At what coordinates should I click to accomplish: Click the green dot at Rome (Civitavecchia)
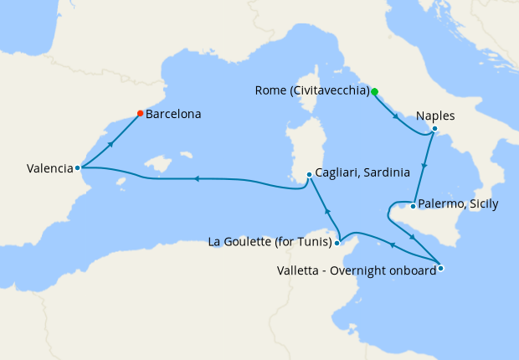pos(374,91)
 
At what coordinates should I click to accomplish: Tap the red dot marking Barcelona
pos(140,114)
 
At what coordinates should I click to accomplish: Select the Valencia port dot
pos(78,167)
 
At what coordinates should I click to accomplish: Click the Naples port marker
pos(434,128)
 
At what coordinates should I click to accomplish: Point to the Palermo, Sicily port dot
pos(413,205)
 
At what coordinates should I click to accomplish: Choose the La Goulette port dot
pos(337,244)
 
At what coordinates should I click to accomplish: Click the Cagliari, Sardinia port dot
pos(309,174)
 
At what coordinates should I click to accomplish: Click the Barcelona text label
pos(173,114)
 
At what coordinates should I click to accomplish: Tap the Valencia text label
pos(49,168)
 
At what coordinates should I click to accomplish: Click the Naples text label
pos(435,116)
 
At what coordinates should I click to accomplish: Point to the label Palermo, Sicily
pos(457,203)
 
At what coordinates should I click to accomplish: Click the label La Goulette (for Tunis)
pos(269,243)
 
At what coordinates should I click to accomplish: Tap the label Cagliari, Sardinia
pos(362,173)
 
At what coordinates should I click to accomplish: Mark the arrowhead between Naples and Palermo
pos(425,165)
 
